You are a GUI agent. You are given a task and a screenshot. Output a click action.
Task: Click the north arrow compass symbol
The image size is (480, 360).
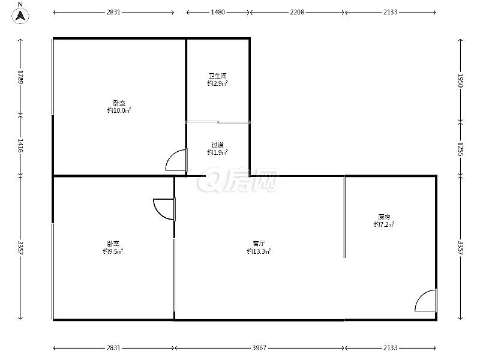[x=20, y=16]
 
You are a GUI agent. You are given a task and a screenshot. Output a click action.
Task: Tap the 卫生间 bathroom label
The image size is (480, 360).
[x=217, y=76]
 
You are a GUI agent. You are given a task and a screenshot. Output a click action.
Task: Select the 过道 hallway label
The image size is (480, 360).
[x=217, y=145]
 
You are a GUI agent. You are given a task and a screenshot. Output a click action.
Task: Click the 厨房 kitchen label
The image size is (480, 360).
[x=384, y=217]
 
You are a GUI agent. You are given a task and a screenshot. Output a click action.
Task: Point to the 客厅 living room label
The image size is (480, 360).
[x=259, y=244]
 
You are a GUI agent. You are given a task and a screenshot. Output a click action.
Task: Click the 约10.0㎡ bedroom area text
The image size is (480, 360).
[x=119, y=110]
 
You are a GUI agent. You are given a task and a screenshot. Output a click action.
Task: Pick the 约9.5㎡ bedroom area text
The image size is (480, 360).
[x=113, y=251]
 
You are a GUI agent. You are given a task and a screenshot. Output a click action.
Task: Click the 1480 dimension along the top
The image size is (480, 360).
[x=218, y=12]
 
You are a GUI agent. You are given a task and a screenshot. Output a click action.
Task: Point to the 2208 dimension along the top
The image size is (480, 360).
[x=297, y=12]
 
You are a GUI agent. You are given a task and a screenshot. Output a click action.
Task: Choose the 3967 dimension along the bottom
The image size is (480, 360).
[x=259, y=348]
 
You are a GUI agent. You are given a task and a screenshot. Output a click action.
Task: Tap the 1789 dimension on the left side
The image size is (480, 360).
[x=20, y=77]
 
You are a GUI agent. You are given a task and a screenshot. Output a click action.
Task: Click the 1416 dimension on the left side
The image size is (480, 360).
[x=20, y=146]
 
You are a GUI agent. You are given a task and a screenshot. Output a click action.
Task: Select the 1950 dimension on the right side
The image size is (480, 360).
[x=461, y=80]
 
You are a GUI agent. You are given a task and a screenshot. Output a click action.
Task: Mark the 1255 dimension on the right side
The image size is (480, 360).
[x=461, y=149]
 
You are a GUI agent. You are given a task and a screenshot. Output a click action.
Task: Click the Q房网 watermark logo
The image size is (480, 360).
[x=238, y=180]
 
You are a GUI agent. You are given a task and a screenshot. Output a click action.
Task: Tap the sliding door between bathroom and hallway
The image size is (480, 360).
[x=218, y=122]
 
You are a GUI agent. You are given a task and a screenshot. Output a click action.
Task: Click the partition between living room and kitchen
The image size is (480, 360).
[x=344, y=217]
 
